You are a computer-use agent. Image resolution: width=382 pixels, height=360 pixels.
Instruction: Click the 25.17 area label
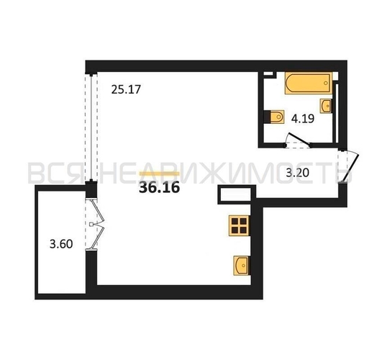click(x=126, y=89)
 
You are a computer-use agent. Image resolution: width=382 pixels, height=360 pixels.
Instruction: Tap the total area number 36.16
click(x=159, y=188)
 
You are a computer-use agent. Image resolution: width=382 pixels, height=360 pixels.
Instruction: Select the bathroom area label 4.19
click(x=303, y=119)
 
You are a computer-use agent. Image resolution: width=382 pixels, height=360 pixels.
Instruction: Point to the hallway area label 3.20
click(x=297, y=173)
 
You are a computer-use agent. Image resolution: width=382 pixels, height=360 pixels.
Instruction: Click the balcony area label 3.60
click(x=61, y=244)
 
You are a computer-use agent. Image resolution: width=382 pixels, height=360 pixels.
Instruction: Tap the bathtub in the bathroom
click(x=309, y=83)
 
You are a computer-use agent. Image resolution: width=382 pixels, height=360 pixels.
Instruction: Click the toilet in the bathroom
click(x=274, y=117)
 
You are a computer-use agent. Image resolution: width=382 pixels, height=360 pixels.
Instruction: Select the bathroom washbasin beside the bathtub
click(x=326, y=106)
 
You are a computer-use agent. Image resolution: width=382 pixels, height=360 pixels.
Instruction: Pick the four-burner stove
click(x=240, y=225)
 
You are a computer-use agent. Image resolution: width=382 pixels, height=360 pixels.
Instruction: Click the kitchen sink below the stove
click(x=242, y=266)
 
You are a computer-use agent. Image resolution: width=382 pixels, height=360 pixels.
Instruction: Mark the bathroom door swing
click(x=299, y=140)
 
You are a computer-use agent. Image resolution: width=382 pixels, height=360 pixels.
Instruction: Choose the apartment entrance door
click(x=349, y=166)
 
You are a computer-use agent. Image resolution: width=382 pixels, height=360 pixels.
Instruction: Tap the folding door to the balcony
click(x=96, y=225)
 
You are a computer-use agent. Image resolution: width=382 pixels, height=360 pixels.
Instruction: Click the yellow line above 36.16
click(x=160, y=174)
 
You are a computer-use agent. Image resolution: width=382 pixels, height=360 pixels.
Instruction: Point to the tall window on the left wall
click(x=91, y=127)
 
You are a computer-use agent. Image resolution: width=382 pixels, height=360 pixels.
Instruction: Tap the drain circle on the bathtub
click(x=326, y=83)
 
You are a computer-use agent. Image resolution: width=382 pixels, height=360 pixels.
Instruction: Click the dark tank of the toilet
click(x=268, y=117)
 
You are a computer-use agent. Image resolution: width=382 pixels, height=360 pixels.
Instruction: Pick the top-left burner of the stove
click(x=235, y=221)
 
